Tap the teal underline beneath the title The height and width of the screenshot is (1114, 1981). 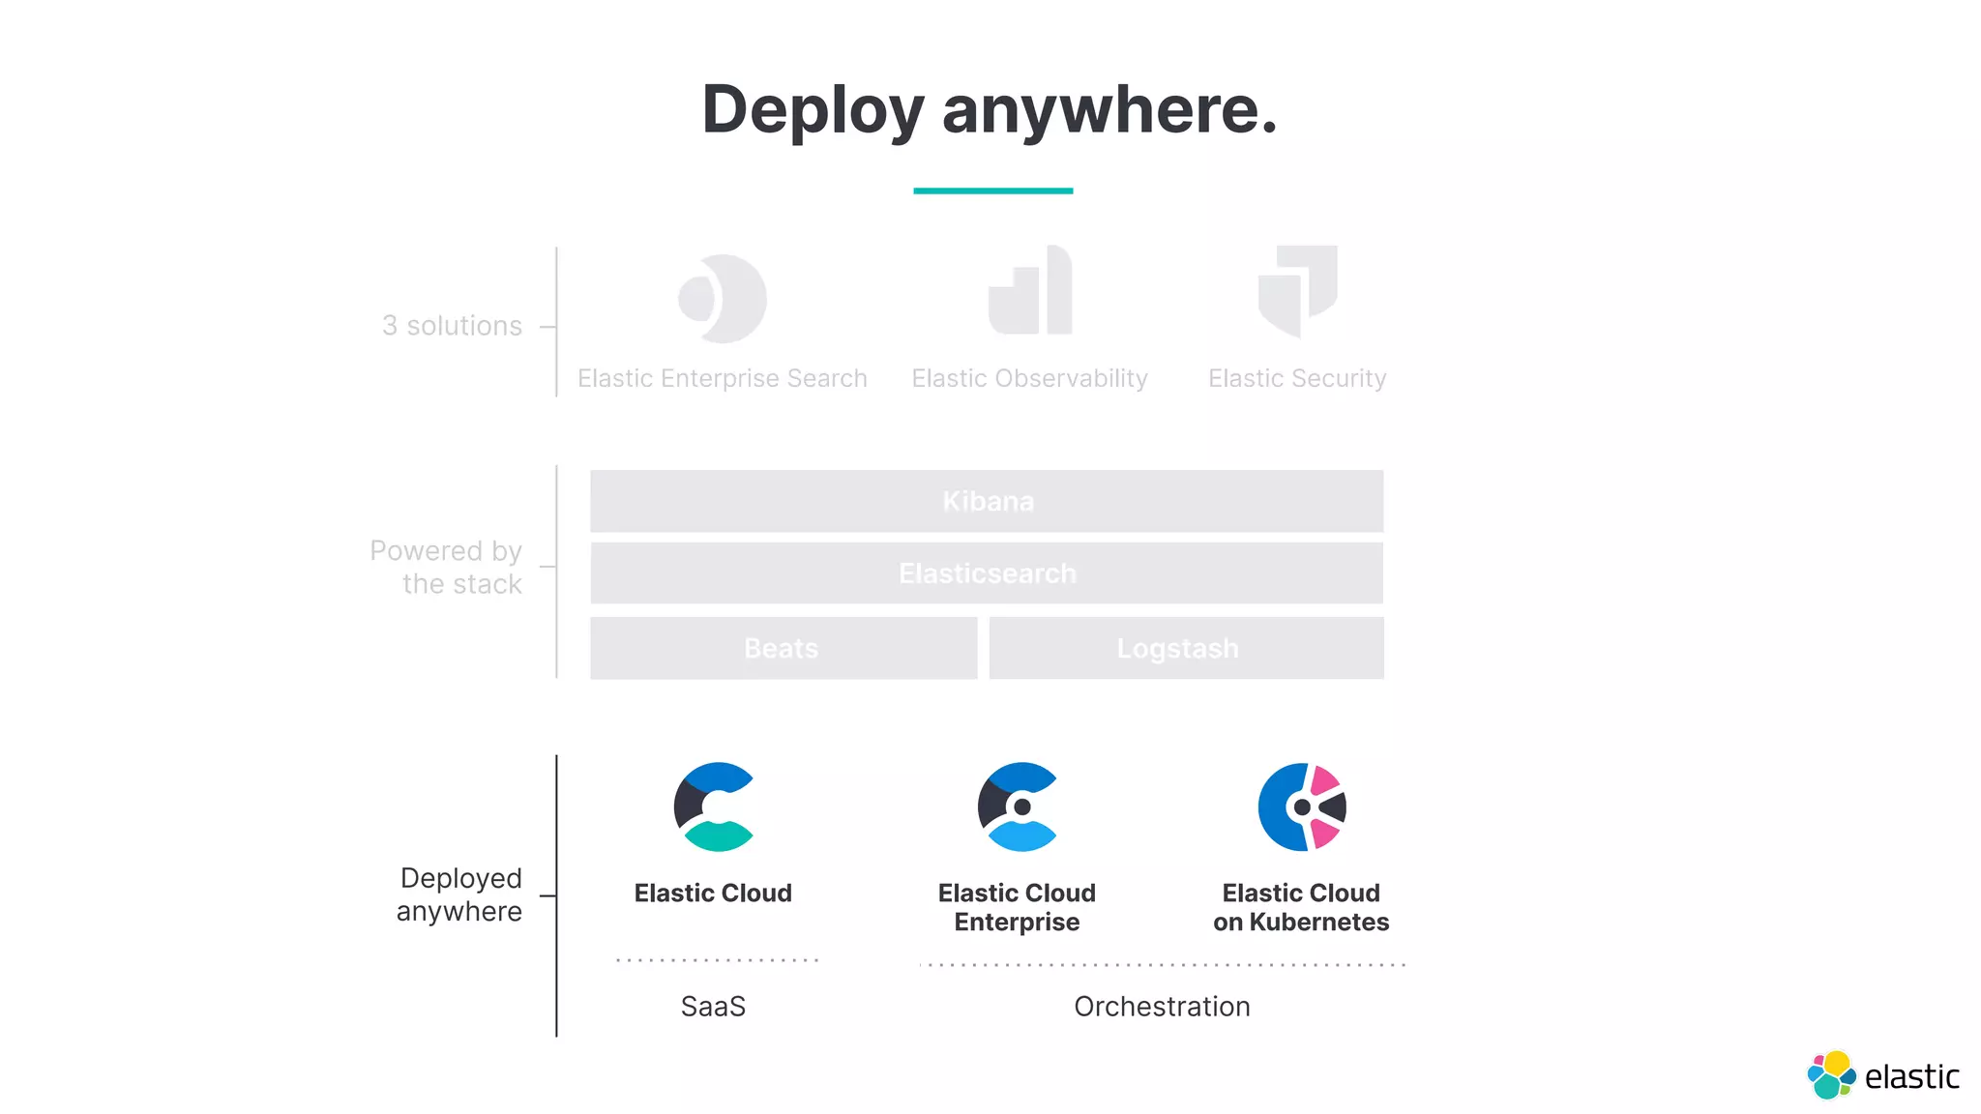click(x=992, y=191)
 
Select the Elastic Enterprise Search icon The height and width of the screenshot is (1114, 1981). click(x=723, y=299)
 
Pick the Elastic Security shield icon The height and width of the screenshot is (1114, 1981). click(x=1297, y=290)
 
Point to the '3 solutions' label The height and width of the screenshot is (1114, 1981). click(x=452, y=326)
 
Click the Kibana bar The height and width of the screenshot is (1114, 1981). click(x=987, y=501)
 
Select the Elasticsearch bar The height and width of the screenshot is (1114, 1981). click(x=987, y=573)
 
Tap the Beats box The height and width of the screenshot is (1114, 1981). click(x=783, y=648)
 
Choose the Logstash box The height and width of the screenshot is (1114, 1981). click(x=1185, y=648)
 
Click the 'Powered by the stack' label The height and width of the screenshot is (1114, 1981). click(x=446, y=567)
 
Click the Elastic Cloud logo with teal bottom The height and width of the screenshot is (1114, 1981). click(x=715, y=806)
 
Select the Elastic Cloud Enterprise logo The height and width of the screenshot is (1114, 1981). click(x=1018, y=806)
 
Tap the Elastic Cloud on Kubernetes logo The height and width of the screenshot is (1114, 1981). click(x=1302, y=806)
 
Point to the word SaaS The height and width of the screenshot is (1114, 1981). click(x=713, y=1007)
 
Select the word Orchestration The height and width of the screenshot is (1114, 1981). click(x=1162, y=1007)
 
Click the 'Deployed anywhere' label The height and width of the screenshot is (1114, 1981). click(x=460, y=894)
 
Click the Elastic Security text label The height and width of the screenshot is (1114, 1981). click(x=1297, y=378)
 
